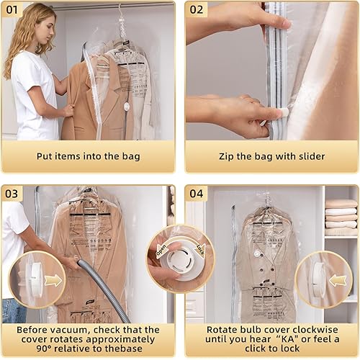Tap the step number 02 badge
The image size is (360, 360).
(x=197, y=9)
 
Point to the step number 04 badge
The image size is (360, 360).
(x=197, y=194)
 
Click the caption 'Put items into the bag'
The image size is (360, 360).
(x=89, y=156)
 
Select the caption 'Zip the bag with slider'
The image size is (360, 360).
(x=272, y=156)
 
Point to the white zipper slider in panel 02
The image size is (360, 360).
(x=283, y=113)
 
